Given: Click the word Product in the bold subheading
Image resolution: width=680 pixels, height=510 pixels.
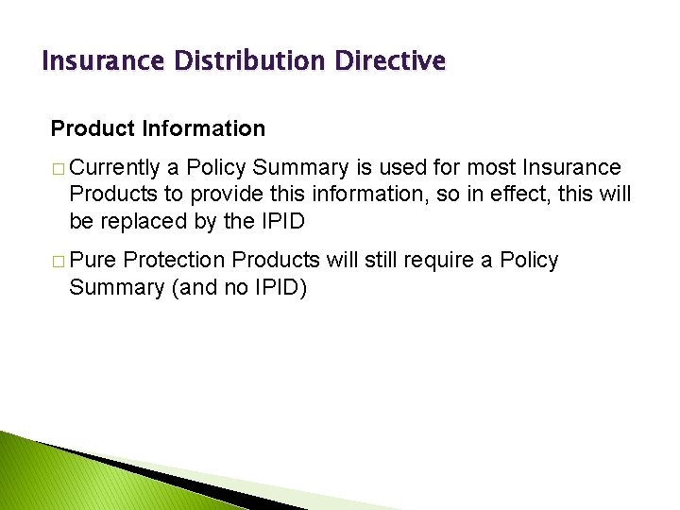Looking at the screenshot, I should [x=88, y=127].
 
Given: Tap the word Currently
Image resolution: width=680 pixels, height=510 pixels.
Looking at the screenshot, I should [x=114, y=168].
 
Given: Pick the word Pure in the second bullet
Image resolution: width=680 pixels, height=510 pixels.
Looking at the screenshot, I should [x=92, y=260].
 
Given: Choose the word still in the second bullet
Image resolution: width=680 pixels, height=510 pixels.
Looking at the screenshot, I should [x=371, y=260].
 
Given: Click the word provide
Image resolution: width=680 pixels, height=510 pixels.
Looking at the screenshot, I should [x=223, y=195].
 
